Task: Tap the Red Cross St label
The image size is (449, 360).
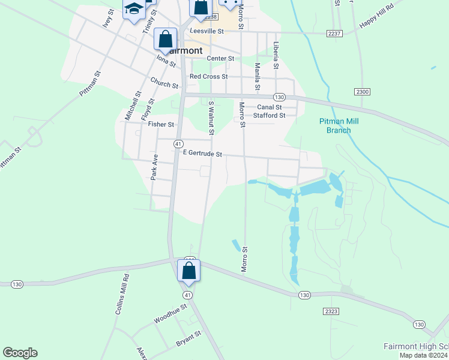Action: (x=208, y=77)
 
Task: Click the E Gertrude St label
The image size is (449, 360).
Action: (x=202, y=154)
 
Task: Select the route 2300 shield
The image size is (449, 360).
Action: (x=362, y=92)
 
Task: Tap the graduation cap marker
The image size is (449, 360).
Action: (x=134, y=9)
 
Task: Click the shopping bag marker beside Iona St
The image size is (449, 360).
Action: (x=165, y=39)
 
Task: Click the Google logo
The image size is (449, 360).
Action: (x=20, y=353)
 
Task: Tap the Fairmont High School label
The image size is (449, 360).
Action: (x=416, y=347)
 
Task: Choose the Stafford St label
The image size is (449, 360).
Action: (x=269, y=115)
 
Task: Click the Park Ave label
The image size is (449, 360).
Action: (x=154, y=167)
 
